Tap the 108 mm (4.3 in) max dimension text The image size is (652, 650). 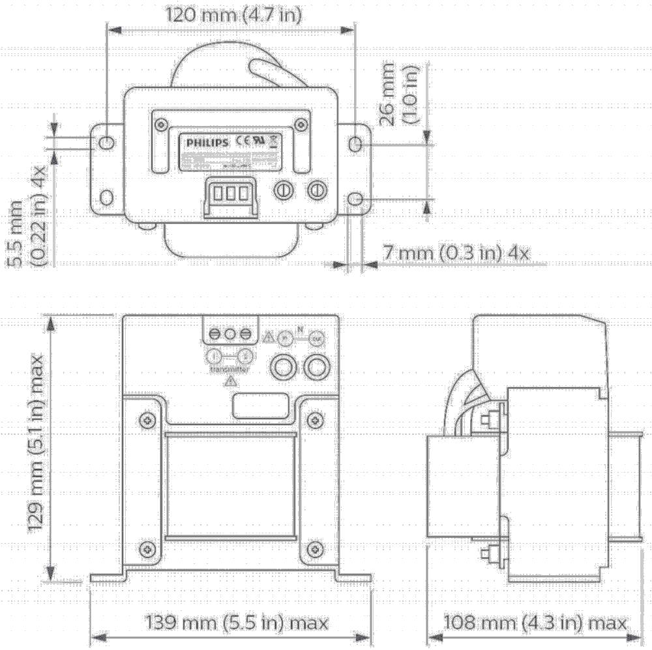[535, 623]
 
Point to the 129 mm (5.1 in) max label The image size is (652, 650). [37, 443]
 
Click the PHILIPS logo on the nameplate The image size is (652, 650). [207, 141]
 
